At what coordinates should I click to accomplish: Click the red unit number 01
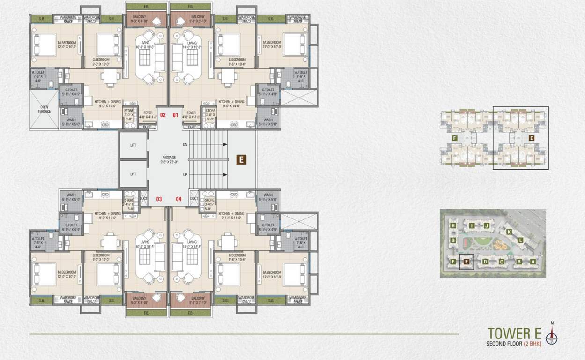click(176, 115)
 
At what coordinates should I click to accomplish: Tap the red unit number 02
click(163, 115)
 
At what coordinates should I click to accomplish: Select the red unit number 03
click(159, 199)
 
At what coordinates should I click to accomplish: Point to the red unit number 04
click(178, 199)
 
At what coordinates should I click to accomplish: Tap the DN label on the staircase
click(185, 144)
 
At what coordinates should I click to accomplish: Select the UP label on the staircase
click(185, 174)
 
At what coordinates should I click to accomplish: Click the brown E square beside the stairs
click(241, 159)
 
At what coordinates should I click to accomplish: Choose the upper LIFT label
click(133, 145)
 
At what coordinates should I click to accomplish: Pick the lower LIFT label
click(133, 174)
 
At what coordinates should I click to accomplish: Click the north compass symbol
click(552, 335)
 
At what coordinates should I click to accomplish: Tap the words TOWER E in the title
click(514, 333)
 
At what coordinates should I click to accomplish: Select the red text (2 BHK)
click(533, 344)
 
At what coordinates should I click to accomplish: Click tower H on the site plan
click(453, 225)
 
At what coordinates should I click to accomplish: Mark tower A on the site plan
click(533, 262)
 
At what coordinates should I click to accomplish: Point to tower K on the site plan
click(509, 232)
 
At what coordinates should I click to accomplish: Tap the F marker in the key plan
click(454, 138)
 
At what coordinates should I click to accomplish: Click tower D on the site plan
click(485, 262)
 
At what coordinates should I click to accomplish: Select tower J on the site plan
click(487, 225)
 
